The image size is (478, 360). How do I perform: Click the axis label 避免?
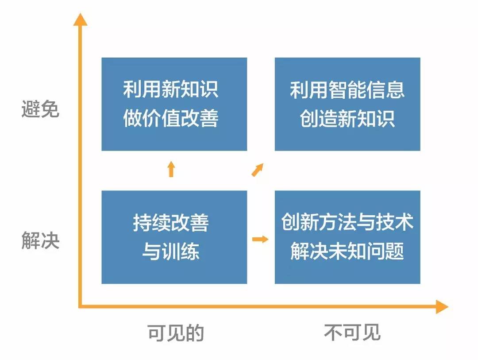pyautogui.click(x=40, y=109)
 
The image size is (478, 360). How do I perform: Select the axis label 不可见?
pyautogui.click(x=352, y=333)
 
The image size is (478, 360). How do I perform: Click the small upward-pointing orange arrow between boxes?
pyautogui.click(x=171, y=169)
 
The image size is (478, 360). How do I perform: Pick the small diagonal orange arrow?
pyautogui.click(x=258, y=170)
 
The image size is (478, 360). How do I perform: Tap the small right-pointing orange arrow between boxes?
pyautogui.click(x=260, y=240)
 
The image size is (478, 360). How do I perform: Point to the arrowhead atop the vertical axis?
pyautogui.click(x=80, y=20)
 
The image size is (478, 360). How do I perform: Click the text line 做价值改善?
pyautogui.click(x=171, y=119)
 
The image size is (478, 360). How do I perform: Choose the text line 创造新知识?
pyautogui.click(x=347, y=119)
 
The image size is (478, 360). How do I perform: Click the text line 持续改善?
pyautogui.click(x=171, y=223)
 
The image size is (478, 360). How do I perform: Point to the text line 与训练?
pyautogui.click(x=171, y=252)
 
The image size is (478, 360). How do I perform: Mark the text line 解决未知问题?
pyautogui.click(x=347, y=252)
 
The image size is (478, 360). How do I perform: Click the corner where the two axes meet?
pyautogui.click(x=81, y=306)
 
